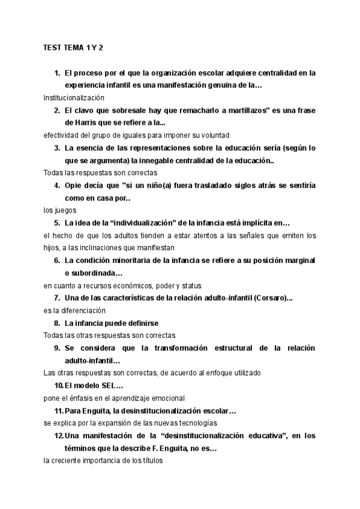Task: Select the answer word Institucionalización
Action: [74, 97]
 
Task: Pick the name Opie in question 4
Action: [74, 185]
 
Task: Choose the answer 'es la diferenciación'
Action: [74, 310]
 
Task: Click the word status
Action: [190, 285]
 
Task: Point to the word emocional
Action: [166, 397]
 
